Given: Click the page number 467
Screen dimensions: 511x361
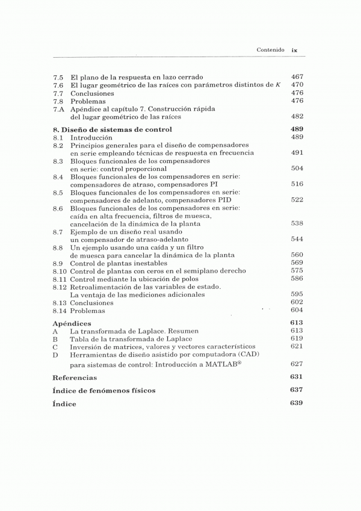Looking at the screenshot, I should (297, 77).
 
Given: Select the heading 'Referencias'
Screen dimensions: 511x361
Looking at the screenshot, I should (75, 377).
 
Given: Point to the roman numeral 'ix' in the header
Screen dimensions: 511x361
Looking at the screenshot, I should (295, 51).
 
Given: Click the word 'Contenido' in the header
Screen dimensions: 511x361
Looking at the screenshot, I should (270, 51).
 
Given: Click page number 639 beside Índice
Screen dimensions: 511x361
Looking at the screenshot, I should (297, 403).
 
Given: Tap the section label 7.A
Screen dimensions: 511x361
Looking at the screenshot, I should (58, 110).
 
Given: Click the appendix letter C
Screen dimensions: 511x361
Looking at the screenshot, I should (55, 347).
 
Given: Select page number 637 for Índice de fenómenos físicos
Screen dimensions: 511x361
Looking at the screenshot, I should (297, 390).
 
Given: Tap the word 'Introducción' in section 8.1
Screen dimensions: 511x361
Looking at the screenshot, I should (91, 137).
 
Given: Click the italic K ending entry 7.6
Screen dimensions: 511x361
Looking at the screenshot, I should (278, 85).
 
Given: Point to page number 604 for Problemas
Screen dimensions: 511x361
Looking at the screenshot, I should (297, 310).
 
